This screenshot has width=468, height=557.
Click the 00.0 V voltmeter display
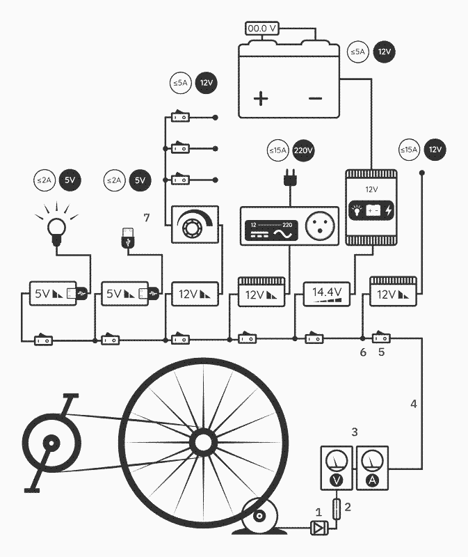coord(263,29)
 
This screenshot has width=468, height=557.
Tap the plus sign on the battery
coord(261,98)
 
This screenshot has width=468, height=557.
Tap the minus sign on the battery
coord(315,98)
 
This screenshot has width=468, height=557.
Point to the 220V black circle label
coord(303,150)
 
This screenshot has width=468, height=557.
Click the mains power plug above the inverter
coord(289,179)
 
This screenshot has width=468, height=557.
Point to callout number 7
coord(147,218)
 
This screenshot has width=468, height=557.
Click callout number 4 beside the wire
coord(414,403)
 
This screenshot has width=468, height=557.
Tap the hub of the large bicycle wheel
coord(202,441)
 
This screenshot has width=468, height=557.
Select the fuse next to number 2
coord(337,508)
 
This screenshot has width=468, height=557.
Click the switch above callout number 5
coord(381,338)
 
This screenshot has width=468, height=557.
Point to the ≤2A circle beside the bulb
coord(44,180)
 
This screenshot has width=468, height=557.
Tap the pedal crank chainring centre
coord(49,443)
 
